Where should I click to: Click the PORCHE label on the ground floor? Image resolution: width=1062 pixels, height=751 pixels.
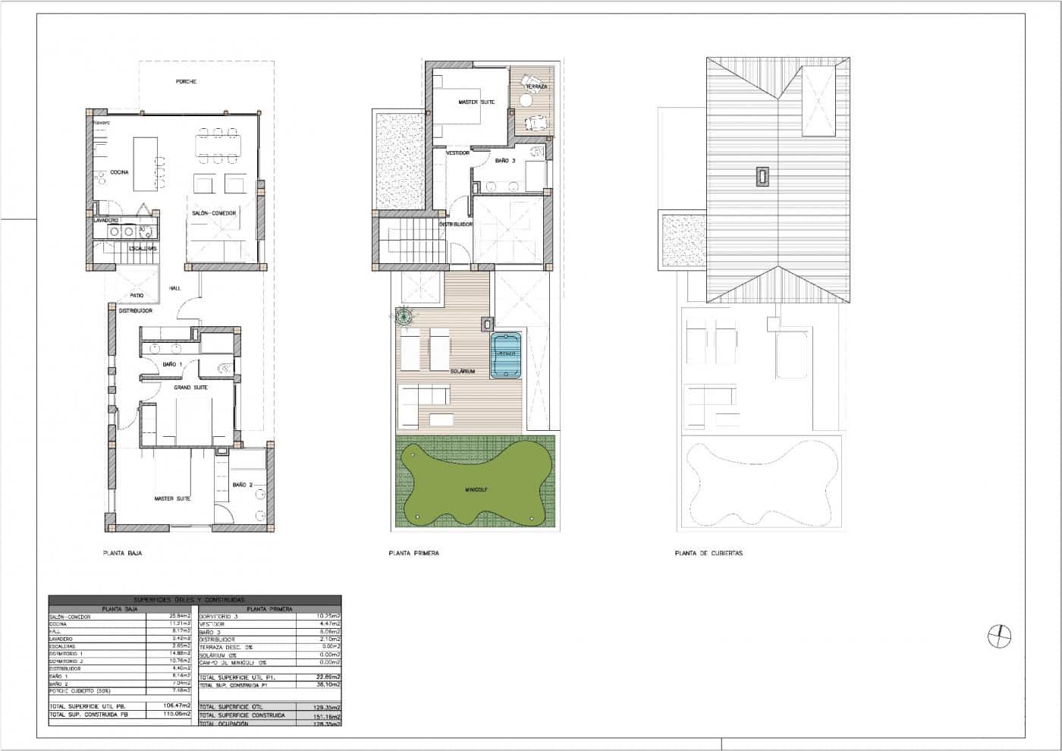pyautogui.click(x=186, y=81)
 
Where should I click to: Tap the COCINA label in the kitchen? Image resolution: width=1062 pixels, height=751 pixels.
pyautogui.click(x=119, y=172)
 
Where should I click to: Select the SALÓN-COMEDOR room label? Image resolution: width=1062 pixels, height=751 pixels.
pyautogui.click(x=213, y=213)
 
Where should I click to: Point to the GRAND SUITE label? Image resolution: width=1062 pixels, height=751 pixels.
pyautogui.click(x=191, y=387)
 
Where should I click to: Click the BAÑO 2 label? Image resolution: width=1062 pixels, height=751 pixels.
pyautogui.click(x=242, y=484)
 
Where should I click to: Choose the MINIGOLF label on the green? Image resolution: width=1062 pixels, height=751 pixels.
pyautogui.click(x=476, y=490)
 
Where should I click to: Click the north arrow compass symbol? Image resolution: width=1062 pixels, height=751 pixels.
pyautogui.click(x=1000, y=636)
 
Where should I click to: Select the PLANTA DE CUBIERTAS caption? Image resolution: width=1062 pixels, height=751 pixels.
pyautogui.click(x=709, y=554)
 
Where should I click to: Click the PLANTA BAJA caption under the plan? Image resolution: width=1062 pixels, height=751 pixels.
pyautogui.click(x=122, y=554)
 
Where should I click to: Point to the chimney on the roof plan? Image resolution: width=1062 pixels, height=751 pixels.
pyautogui.click(x=761, y=177)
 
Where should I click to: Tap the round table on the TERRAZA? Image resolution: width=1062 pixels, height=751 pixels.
pyautogui.click(x=526, y=99)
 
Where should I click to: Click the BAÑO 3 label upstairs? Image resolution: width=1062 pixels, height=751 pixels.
pyautogui.click(x=505, y=161)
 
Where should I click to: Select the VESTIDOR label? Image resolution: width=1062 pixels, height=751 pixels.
pyautogui.click(x=457, y=152)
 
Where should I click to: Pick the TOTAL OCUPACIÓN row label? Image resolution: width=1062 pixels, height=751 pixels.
pyautogui.click(x=223, y=724)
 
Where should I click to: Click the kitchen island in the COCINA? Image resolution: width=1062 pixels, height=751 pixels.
pyautogui.click(x=146, y=163)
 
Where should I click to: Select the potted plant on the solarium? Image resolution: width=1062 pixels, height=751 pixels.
pyautogui.click(x=404, y=317)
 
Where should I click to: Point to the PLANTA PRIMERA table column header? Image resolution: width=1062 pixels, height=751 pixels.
pyautogui.click(x=269, y=608)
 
